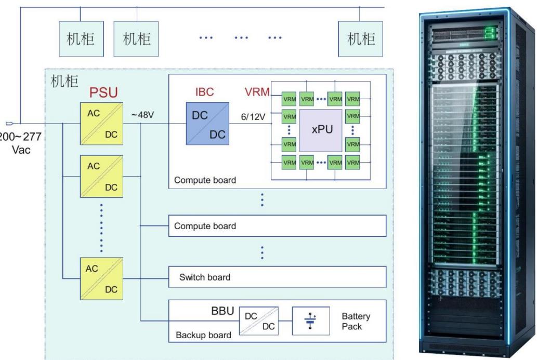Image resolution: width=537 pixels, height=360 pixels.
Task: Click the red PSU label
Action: [x=103, y=92]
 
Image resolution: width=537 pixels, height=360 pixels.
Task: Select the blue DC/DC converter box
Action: [x=207, y=124]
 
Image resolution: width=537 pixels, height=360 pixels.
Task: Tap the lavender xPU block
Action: [x=321, y=130]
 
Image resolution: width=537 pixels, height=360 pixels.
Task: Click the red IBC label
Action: [x=204, y=92]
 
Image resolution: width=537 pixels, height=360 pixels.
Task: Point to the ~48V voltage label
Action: [x=142, y=115]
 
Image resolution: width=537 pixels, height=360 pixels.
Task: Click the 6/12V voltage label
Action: [x=253, y=117]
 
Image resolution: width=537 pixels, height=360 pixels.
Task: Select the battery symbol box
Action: [x=311, y=321]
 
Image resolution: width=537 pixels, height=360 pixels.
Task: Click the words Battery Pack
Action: [x=356, y=321]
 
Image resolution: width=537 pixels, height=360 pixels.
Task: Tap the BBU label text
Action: [x=222, y=311]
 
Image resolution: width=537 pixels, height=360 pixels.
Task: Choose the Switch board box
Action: [x=278, y=277]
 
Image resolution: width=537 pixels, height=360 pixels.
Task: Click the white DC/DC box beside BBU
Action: [x=259, y=321]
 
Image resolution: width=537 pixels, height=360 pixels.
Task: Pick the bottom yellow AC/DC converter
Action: [x=102, y=278]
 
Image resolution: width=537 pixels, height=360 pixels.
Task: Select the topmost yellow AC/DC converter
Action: [x=102, y=124]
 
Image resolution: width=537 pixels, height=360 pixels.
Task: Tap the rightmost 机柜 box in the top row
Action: [x=360, y=39]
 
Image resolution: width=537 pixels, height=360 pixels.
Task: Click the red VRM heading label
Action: [x=257, y=92]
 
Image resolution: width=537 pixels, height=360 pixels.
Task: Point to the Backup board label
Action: [x=203, y=335]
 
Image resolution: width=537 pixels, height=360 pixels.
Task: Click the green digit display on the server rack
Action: [x=490, y=33]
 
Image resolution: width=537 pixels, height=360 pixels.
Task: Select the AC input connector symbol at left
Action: [x=9, y=124]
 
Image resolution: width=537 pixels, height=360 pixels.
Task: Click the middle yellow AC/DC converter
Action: [x=102, y=176]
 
